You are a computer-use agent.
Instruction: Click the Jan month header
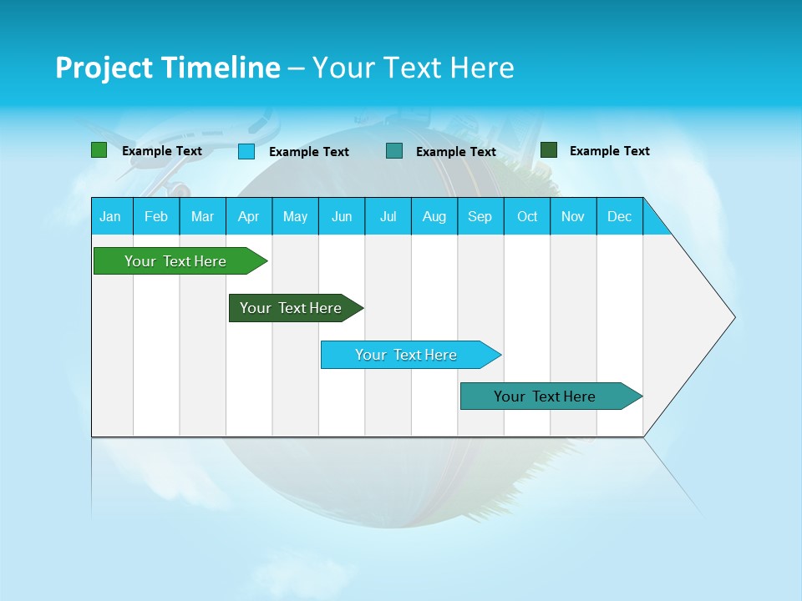(x=110, y=216)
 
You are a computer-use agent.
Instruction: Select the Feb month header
(x=156, y=216)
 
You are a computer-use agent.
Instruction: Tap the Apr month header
(x=248, y=216)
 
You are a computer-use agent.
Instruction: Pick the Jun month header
(x=342, y=216)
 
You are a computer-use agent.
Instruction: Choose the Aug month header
(x=434, y=216)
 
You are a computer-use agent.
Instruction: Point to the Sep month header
(x=480, y=216)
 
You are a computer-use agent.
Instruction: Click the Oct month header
(x=527, y=216)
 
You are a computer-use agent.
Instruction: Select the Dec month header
(x=619, y=216)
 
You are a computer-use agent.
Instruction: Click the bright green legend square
(x=99, y=150)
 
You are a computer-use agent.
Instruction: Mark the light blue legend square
(x=246, y=151)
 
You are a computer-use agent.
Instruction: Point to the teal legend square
(x=394, y=151)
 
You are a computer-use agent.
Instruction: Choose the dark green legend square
(x=549, y=150)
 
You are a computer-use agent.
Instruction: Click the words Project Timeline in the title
(x=168, y=68)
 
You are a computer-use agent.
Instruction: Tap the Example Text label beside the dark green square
(x=609, y=151)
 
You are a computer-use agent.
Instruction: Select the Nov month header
(x=573, y=216)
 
